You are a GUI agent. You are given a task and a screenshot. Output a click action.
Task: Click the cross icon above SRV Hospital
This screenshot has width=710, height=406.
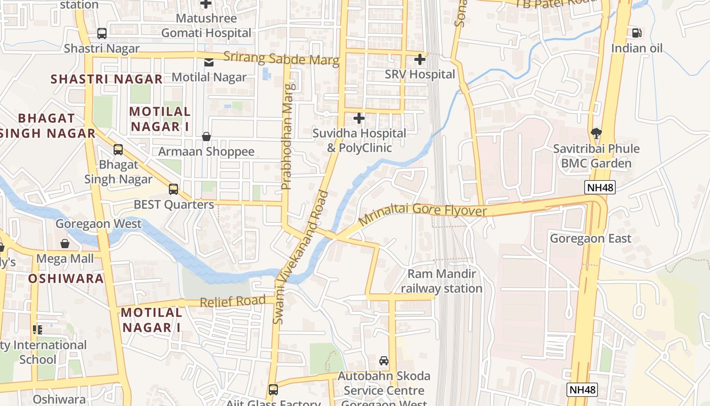click(x=419, y=59)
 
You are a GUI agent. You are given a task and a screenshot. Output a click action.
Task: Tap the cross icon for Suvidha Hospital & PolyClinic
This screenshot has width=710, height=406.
click(x=359, y=119)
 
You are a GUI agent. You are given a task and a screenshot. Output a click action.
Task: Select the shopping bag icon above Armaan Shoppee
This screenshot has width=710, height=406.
click(x=206, y=137)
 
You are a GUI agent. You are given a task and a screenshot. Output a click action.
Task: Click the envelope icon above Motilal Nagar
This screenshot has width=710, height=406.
click(x=208, y=62)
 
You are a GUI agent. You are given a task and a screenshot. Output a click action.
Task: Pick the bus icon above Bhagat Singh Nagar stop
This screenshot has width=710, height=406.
click(x=118, y=150)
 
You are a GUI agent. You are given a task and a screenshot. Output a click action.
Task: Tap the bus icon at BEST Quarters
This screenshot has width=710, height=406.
click(x=173, y=189)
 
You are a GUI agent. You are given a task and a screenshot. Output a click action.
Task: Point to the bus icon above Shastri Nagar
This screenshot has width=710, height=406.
click(x=102, y=33)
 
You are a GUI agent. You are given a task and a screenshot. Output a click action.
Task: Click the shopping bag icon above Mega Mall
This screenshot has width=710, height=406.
click(x=65, y=244)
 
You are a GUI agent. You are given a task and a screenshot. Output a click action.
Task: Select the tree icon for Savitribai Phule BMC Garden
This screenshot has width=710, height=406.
click(x=596, y=134)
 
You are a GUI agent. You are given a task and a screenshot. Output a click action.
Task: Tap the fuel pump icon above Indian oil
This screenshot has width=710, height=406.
click(x=636, y=33)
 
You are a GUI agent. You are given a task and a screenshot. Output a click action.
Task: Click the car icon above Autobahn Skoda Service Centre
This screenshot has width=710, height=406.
click(x=384, y=361)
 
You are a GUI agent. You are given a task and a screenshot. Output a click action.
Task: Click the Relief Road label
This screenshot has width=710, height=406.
click(x=233, y=301)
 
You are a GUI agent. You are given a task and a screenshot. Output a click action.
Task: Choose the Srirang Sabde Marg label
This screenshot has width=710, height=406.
click(x=281, y=59)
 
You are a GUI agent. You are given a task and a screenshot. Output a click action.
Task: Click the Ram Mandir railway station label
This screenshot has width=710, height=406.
click(x=442, y=281)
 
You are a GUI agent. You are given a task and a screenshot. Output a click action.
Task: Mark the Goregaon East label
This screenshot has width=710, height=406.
click(x=591, y=239)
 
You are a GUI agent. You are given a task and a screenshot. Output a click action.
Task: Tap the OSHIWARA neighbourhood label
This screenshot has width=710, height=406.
click(x=66, y=279)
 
